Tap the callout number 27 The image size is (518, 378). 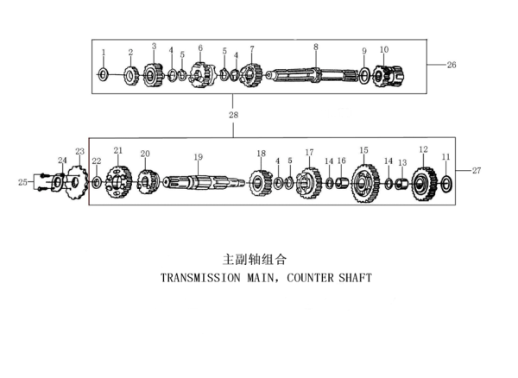(x=476, y=171)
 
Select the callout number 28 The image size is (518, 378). (x=233, y=114)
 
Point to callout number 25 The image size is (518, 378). (x=22, y=182)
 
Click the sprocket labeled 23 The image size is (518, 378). (x=75, y=182)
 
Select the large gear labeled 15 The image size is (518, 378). (x=365, y=184)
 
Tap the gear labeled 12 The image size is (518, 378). (x=423, y=183)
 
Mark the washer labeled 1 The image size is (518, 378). (x=103, y=75)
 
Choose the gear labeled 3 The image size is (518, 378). (x=153, y=75)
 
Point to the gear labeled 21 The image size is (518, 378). (x=117, y=183)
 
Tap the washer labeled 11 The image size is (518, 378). (x=446, y=183)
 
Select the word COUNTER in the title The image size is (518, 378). (x=308, y=279)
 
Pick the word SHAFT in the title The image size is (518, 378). (x=356, y=279)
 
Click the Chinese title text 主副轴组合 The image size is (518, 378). (x=254, y=258)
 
